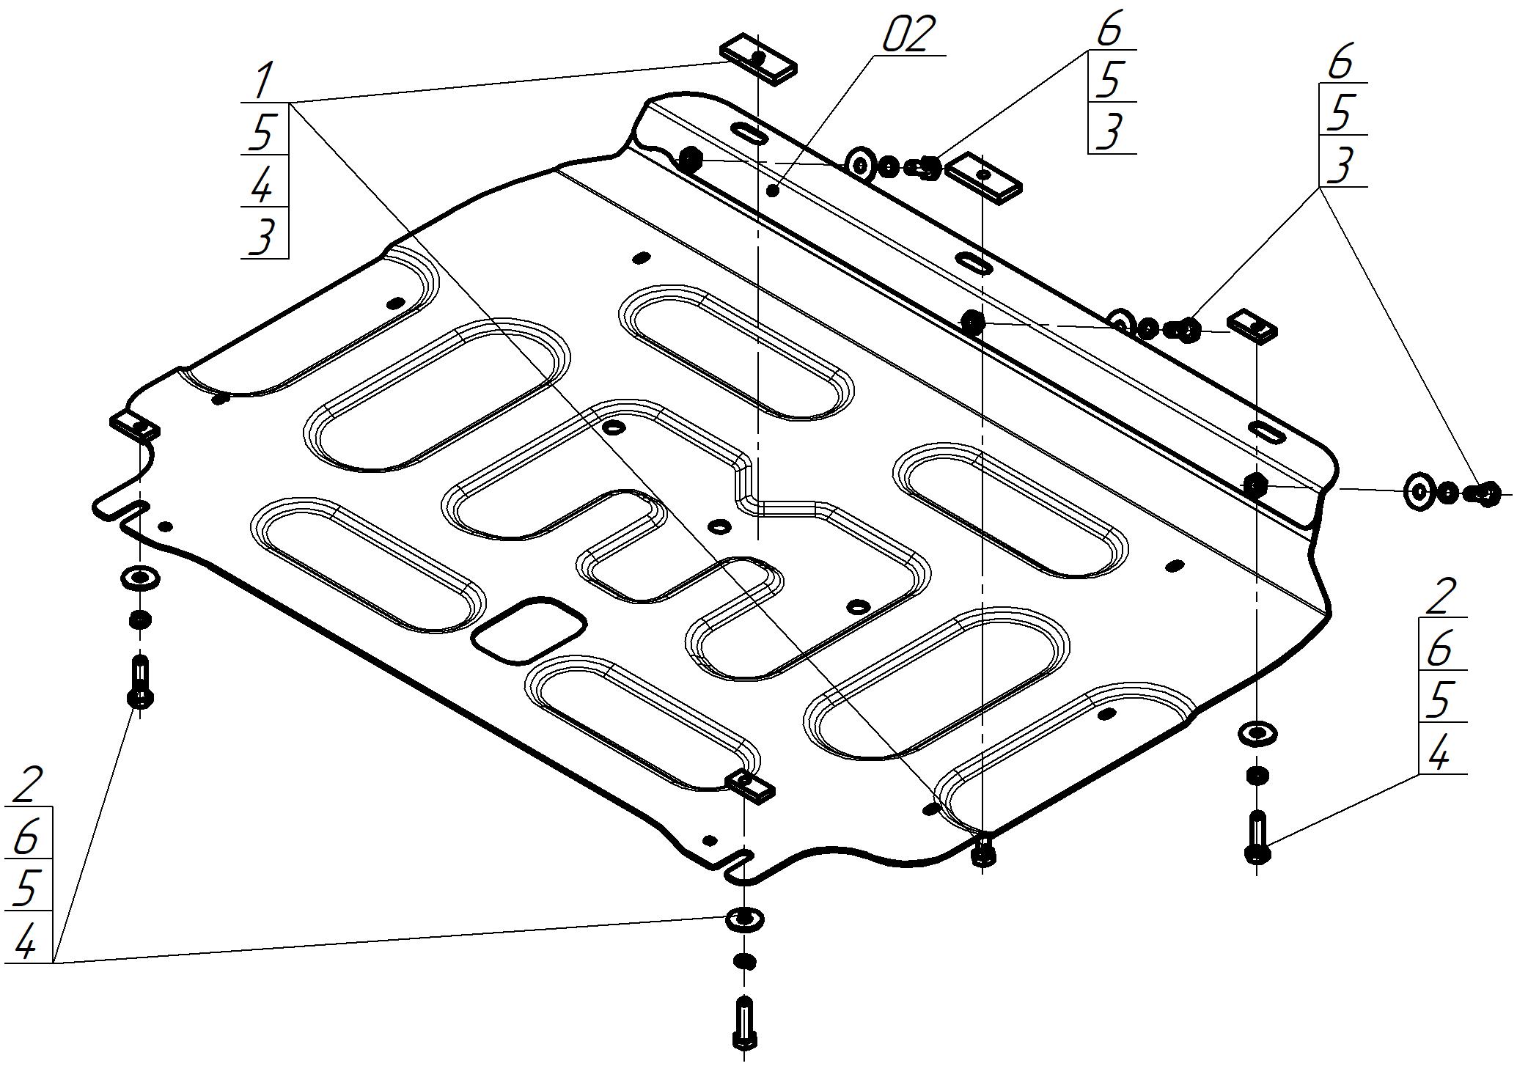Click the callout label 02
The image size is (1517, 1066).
point(909,35)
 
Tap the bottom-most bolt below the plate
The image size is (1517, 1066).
point(743,1024)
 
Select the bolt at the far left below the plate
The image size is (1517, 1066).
point(140,680)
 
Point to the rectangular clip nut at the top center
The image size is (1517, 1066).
point(759,59)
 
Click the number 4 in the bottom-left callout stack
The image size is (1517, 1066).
point(26,940)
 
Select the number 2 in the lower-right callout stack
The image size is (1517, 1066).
point(1440,596)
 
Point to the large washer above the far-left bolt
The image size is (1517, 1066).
point(140,578)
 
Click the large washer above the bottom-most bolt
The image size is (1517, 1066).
point(744,919)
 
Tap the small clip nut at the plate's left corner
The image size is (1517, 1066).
point(134,425)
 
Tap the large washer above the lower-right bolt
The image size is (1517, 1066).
point(1257,733)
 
